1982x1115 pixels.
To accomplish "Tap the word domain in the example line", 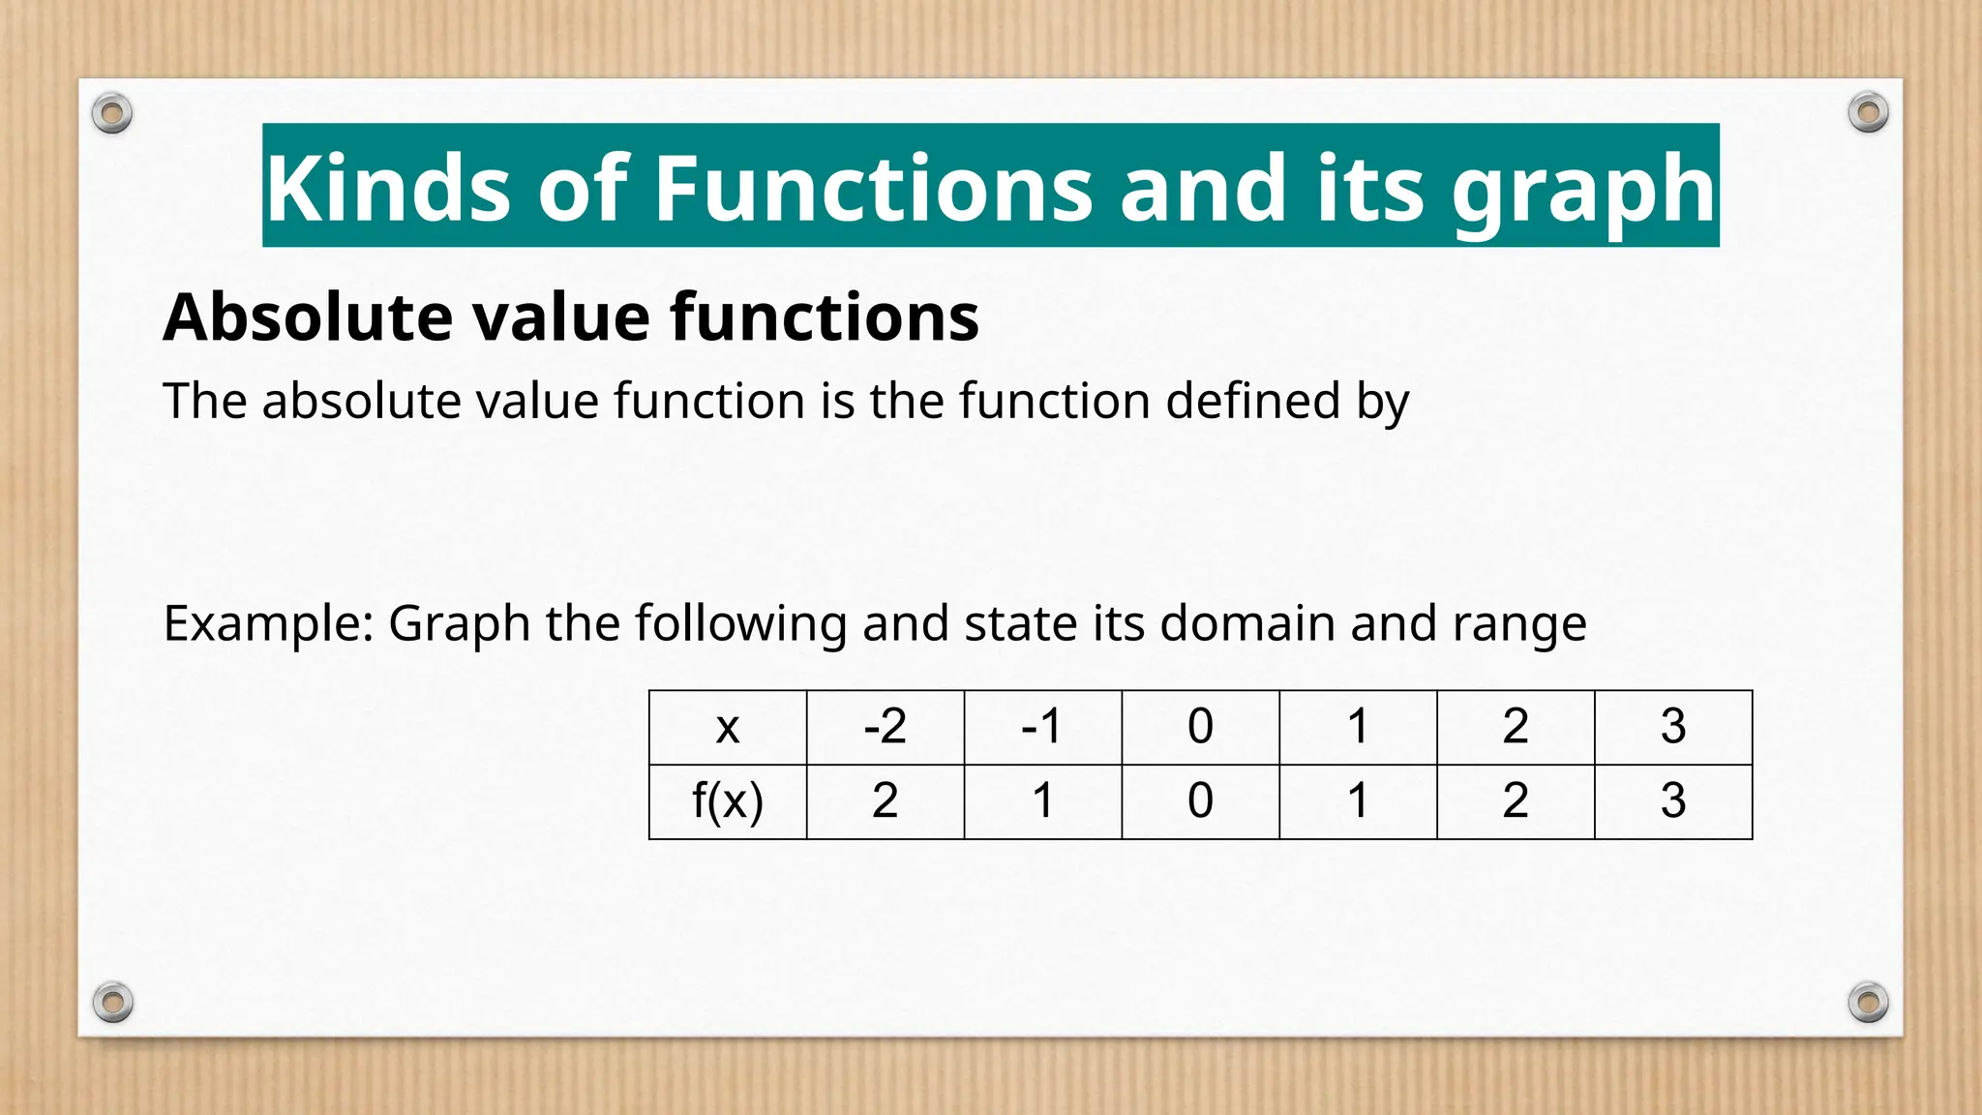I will pos(1247,623).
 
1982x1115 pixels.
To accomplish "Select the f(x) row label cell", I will pos(728,801).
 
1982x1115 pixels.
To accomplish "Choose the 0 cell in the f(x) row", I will pos(1200,801).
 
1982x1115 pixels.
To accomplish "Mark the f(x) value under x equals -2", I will pos(886,801).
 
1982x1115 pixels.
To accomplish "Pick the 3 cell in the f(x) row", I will pos(1673,801).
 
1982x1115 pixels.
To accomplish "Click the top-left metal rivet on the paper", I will pos(112,114).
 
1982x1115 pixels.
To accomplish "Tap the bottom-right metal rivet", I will pos(1868,1002).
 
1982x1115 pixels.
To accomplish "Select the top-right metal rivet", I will pos(1868,112).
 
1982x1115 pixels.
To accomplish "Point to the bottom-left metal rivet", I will pos(112,1002).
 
